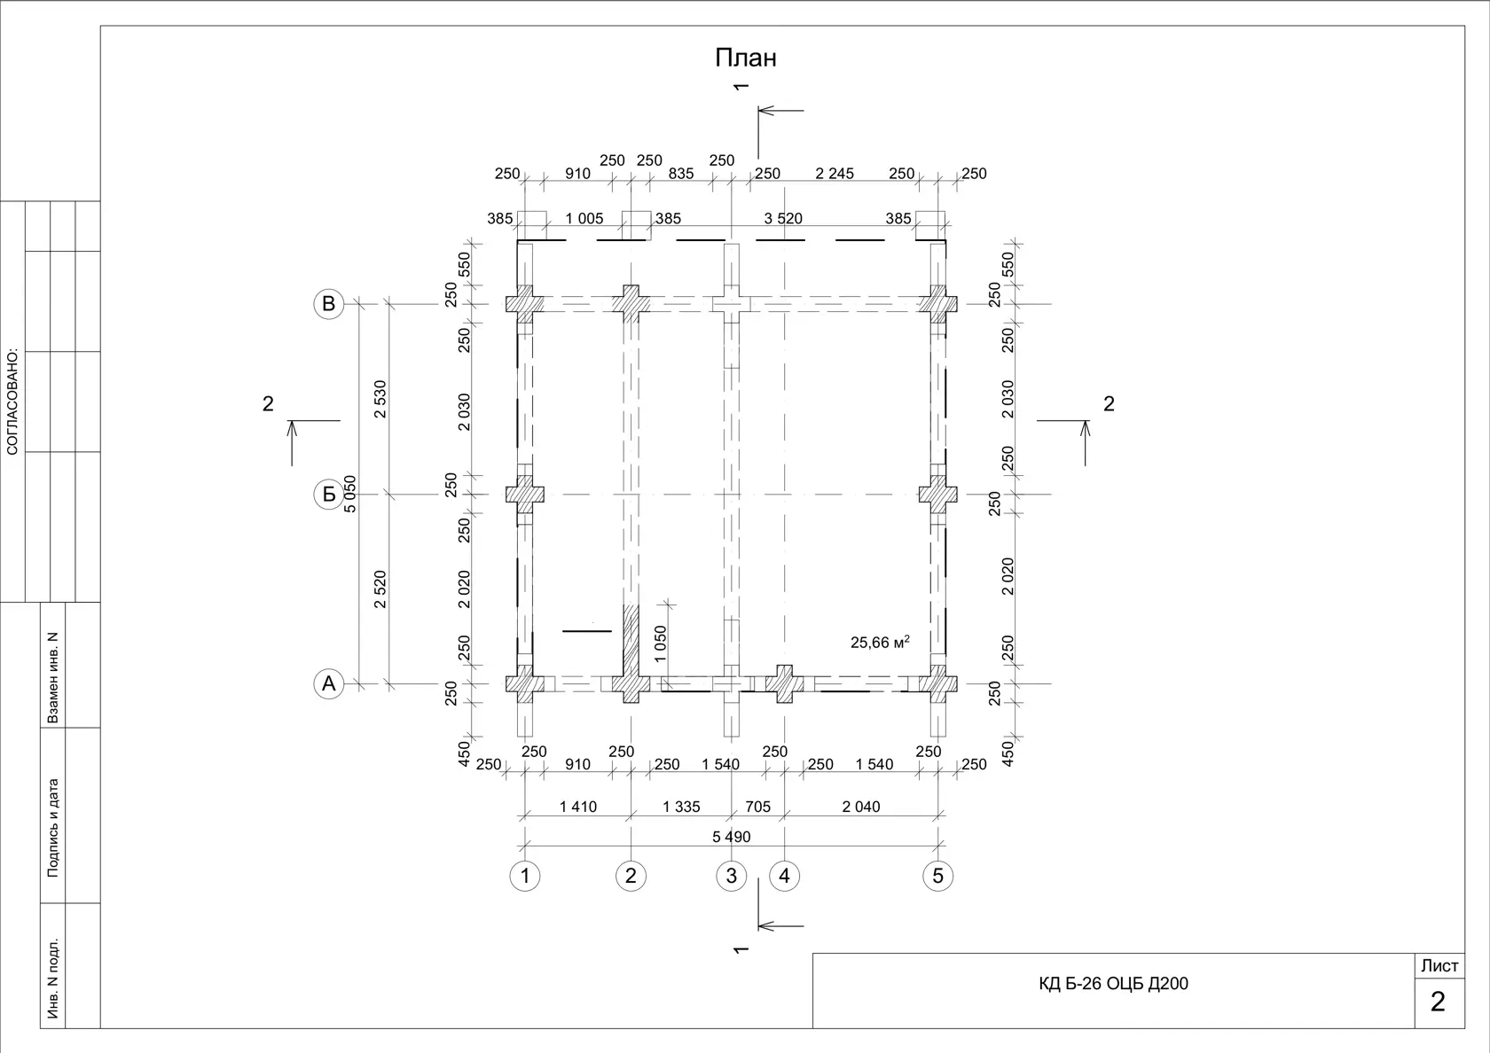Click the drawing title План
746,58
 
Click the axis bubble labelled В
328,304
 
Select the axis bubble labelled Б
328,494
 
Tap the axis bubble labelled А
328,683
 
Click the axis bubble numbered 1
525,876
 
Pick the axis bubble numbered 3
731,876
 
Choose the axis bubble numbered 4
784,876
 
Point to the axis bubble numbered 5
938,876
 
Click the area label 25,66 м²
880,642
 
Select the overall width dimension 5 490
731,837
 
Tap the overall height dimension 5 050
349,494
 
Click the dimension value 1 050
660,643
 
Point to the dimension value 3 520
783,218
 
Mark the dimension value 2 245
834,174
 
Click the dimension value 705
757,807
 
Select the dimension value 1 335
681,807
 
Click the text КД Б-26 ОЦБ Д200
1114,983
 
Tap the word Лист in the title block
1439,965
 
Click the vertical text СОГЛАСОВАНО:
12,402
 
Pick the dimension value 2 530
380,399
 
